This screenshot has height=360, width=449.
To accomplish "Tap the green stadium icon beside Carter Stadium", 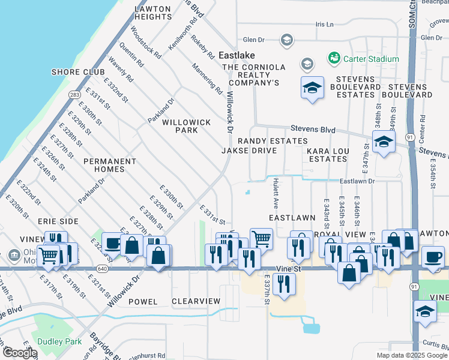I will click(334, 59).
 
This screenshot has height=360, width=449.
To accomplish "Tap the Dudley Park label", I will click(55, 340).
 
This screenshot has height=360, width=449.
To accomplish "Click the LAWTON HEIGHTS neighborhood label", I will click(153, 13).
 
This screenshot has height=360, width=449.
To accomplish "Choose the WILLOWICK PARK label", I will click(186, 126).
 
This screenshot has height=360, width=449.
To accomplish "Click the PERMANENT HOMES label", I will click(109, 165).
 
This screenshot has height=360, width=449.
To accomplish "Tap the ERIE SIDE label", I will click(58, 221).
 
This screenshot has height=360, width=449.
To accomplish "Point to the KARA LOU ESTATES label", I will click(327, 155).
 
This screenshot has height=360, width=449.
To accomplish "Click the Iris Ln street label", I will click(324, 24).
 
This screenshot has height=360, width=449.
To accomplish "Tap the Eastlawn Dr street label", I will click(357, 181).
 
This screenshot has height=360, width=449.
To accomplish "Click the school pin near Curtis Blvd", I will click(425, 313).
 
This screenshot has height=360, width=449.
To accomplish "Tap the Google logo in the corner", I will click(20, 353).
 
